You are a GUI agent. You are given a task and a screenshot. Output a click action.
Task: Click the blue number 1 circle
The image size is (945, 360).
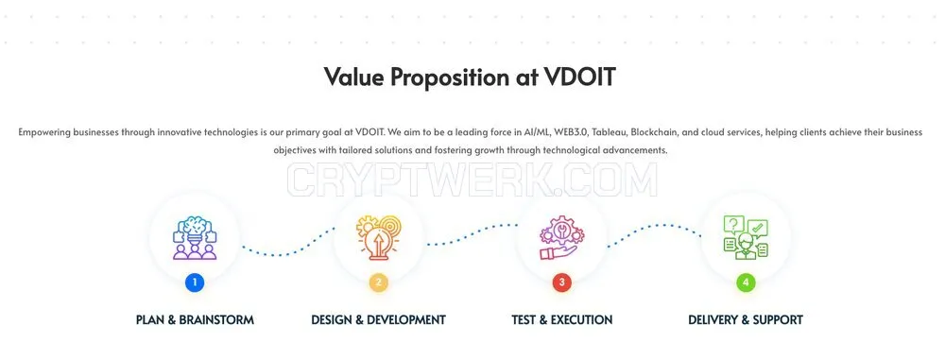(x=195, y=283)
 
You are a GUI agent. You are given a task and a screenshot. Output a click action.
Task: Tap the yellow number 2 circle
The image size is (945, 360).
(x=379, y=283)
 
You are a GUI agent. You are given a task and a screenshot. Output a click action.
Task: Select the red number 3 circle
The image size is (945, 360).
(x=561, y=283)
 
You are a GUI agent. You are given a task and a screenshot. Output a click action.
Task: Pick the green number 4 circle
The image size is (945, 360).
(x=746, y=283)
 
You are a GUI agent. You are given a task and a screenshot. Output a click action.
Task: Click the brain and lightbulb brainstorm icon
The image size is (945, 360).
(x=195, y=237)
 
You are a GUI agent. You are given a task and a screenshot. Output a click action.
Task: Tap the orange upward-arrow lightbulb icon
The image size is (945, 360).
(x=379, y=237)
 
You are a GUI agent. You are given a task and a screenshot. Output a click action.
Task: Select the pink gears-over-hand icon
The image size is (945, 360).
(x=561, y=237)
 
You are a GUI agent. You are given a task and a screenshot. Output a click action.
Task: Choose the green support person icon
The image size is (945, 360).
(x=746, y=237)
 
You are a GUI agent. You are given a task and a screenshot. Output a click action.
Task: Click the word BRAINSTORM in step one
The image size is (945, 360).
(x=216, y=319)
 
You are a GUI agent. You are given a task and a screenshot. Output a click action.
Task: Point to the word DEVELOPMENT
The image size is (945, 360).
(x=406, y=319)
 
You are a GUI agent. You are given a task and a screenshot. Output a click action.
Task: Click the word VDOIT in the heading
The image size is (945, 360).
(x=579, y=77)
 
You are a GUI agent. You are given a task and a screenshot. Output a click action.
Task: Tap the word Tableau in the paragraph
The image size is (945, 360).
(x=607, y=131)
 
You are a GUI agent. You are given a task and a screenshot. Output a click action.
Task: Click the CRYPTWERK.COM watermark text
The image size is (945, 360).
(x=472, y=180)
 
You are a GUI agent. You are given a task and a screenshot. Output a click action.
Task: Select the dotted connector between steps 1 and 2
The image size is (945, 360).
(x=287, y=249)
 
